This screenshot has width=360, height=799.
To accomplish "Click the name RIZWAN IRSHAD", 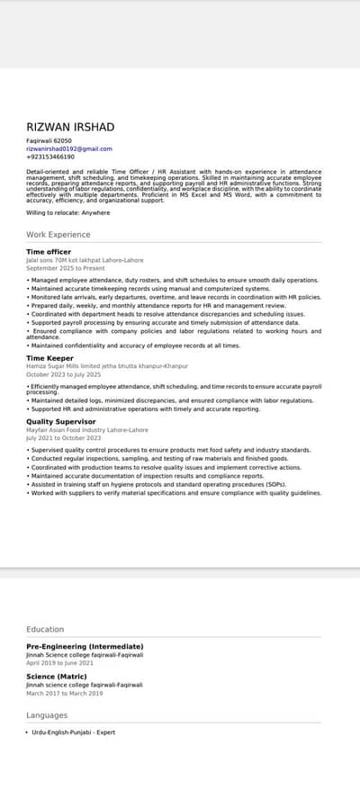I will pyautogui.click(x=70, y=127).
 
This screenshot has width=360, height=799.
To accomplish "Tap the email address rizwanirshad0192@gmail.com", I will pyautogui.click(x=69, y=148).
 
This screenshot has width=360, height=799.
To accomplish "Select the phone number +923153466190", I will pyautogui.click(x=50, y=157).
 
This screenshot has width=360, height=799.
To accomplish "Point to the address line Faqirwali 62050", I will pyautogui.click(x=49, y=141).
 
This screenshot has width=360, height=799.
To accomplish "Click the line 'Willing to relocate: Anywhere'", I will pyautogui.click(x=68, y=212).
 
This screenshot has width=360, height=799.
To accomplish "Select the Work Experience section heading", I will pyautogui.click(x=58, y=235).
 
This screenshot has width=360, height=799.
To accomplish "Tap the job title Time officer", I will pyautogui.click(x=49, y=252).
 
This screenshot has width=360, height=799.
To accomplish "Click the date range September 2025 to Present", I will pyautogui.click(x=66, y=268).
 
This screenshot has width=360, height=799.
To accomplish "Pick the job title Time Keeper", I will pyautogui.click(x=49, y=358).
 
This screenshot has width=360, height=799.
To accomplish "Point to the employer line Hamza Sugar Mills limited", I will pyautogui.click(x=107, y=367).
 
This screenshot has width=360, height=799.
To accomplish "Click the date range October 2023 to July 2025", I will pyautogui.click(x=63, y=374).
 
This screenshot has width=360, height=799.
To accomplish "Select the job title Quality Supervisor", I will pyautogui.click(x=61, y=421).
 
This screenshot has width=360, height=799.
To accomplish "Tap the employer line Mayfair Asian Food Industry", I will pyautogui.click(x=87, y=430).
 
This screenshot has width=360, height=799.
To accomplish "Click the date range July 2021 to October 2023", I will pyautogui.click(x=63, y=437).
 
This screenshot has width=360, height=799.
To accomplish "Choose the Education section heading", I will pyautogui.click(x=45, y=630).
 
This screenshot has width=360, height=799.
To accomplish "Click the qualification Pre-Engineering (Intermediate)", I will pyautogui.click(x=85, y=646).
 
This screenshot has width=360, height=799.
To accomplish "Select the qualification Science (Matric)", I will pyautogui.click(x=56, y=677).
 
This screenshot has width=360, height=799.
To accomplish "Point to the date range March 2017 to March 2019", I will pyautogui.click(x=65, y=694).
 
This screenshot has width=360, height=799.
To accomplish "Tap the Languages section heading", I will pyautogui.click(x=47, y=715).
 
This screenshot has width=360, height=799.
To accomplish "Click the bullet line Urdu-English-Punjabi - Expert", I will pyautogui.click(x=74, y=732).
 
